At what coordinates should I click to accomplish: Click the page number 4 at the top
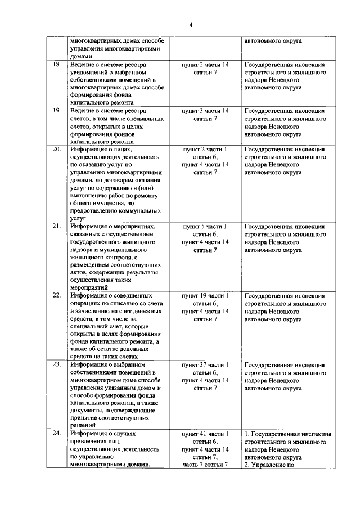click(x=191, y=25)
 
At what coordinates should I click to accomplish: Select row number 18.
click(x=56, y=65)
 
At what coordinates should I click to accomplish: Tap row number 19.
click(x=56, y=111)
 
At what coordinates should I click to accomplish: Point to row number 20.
click(x=56, y=149)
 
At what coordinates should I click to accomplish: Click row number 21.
click(x=56, y=226)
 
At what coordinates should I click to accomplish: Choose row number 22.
click(x=56, y=295)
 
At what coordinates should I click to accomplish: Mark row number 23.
click(x=56, y=364)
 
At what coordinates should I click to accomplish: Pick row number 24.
click(x=56, y=434)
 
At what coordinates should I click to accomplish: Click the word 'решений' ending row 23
click(x=83, y=426)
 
